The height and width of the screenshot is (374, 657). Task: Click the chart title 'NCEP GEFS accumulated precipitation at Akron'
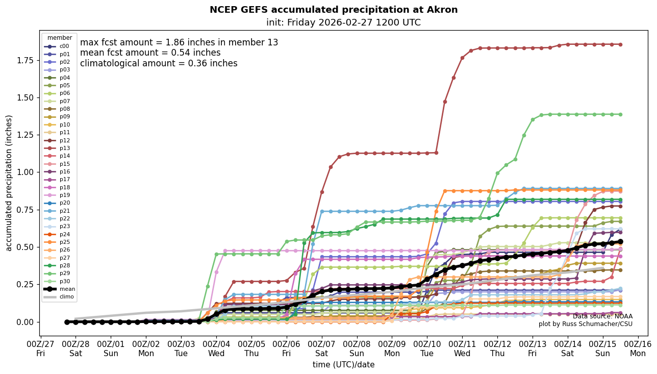tap(334, 10)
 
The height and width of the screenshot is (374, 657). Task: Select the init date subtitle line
tap(343, 22)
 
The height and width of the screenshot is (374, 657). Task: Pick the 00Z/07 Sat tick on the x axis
tap(322, 348)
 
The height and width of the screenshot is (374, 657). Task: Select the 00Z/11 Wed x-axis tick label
tap(462, 348)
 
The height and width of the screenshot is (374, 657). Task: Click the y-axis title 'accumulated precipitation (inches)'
tap(9, 183)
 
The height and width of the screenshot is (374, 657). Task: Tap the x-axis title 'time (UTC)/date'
tap(343, 365)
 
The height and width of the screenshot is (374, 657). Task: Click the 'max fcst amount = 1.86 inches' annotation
tap(179, 42)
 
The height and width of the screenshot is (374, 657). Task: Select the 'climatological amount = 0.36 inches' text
tap(159, 63)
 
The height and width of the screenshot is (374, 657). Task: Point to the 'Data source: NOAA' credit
tap(602, 316)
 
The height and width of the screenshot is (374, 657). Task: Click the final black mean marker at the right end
tap(620, 241)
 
